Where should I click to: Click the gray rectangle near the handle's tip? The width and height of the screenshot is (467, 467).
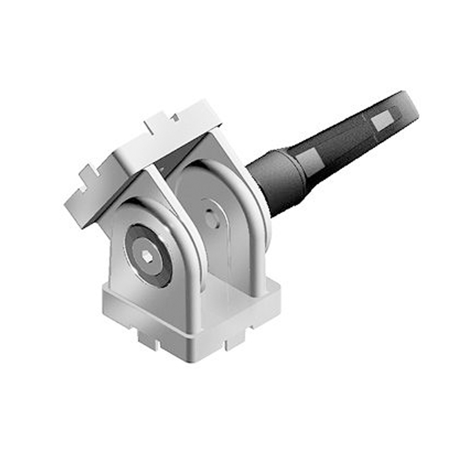(381, 120)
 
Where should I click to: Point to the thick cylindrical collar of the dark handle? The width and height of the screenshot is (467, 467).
(275, 181)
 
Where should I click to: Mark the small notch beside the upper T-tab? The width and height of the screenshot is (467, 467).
(175, 118)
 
